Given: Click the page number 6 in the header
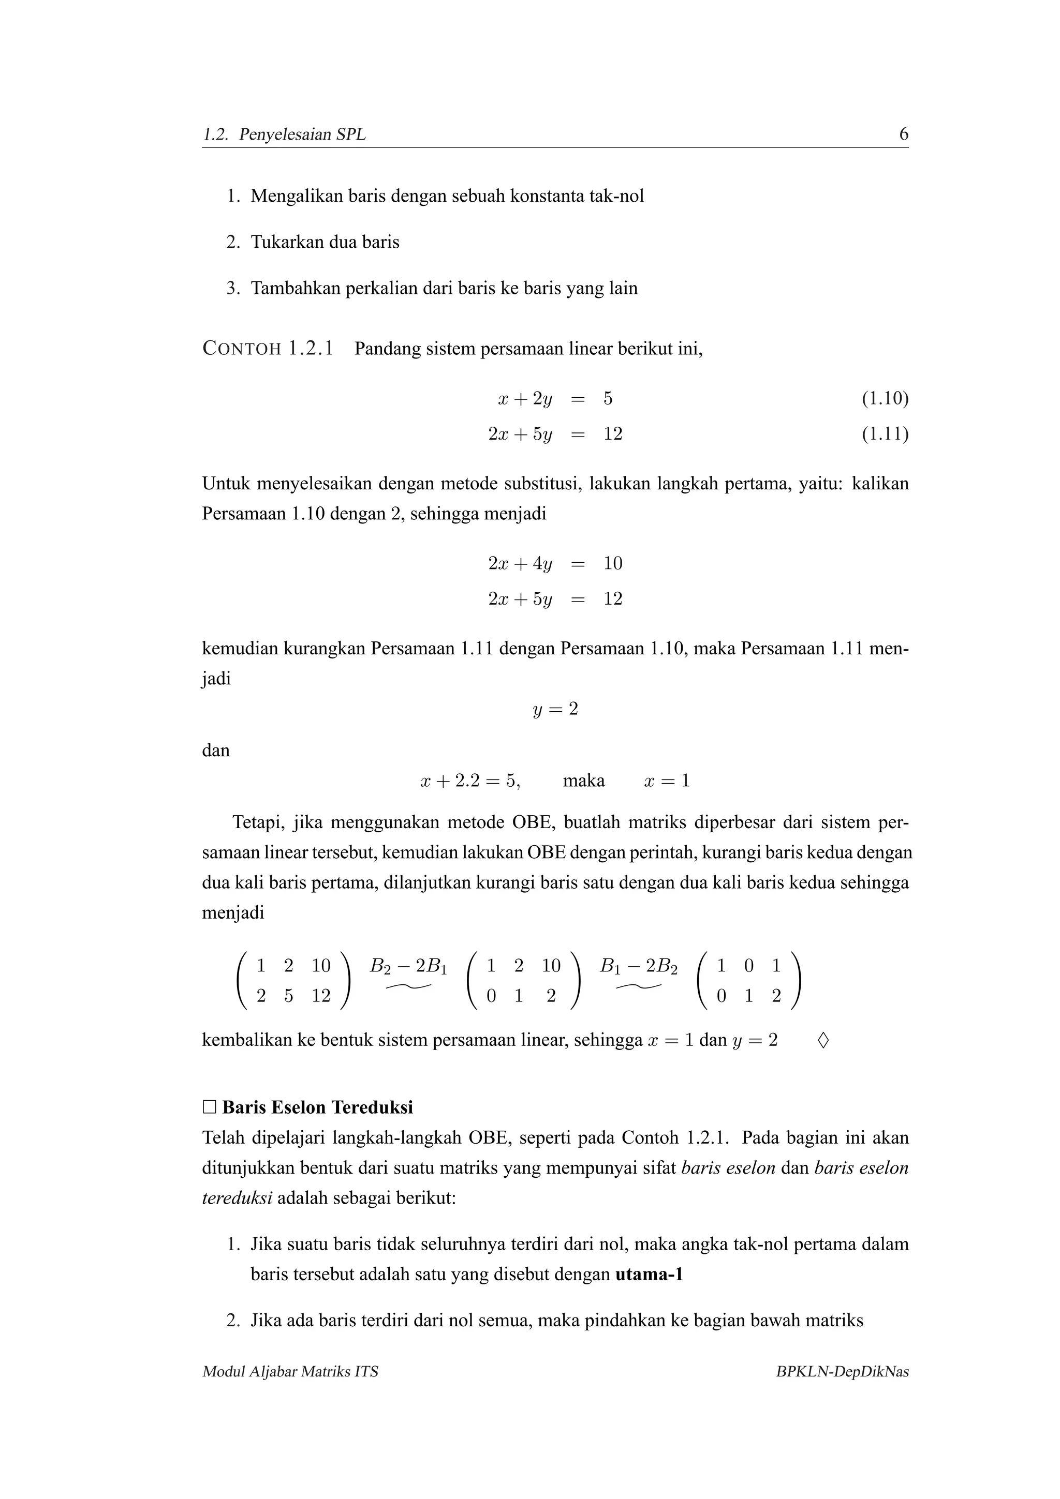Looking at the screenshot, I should (903, 134).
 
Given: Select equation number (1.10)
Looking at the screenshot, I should (885, 398).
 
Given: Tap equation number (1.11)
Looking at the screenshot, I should (885, 433).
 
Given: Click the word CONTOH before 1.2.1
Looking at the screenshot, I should (242, 349).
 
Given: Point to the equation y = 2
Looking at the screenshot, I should (555, 709).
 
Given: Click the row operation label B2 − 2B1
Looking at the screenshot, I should (408, 966).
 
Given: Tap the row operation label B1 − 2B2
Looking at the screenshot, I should (638, 966).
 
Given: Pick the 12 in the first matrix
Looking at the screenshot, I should (321, 996).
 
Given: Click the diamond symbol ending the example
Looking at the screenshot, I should (823, 1040).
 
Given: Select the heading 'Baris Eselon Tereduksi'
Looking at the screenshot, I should (317, 1107).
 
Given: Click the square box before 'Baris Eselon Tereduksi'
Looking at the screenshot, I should (209, 1107).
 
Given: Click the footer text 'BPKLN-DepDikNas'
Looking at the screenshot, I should (842, 1372).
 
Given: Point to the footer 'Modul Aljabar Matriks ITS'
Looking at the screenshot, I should (290, 1372).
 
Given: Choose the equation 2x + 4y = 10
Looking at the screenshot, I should (555, 563).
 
